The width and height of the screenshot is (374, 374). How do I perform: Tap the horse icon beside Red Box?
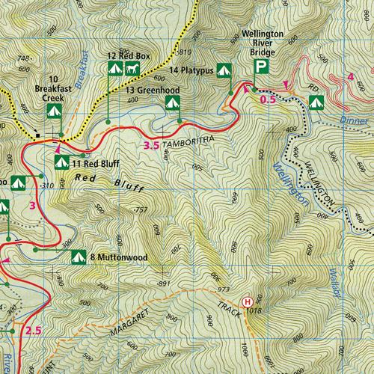pyautogui.click(x=132, y=69)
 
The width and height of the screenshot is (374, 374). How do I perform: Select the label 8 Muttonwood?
pyautogui.click(x=118, y=257)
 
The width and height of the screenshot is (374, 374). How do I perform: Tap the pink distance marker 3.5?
pyautogui.click(x=150, y=145)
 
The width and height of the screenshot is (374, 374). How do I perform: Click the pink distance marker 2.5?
pyautogui.click(x=32, y=330)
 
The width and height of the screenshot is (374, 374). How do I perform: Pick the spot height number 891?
pyautogui.click(x=155, y=283)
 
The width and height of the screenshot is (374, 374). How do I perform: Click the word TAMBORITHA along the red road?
pyautogui.click(x=190, y=141)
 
